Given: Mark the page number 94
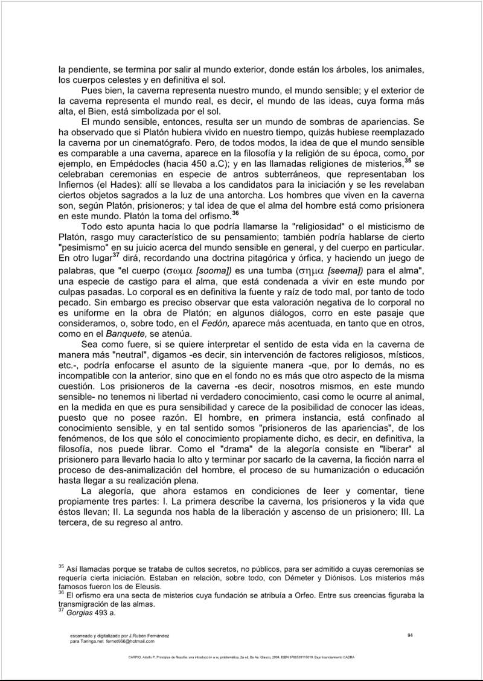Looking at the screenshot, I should coord(410,635).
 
